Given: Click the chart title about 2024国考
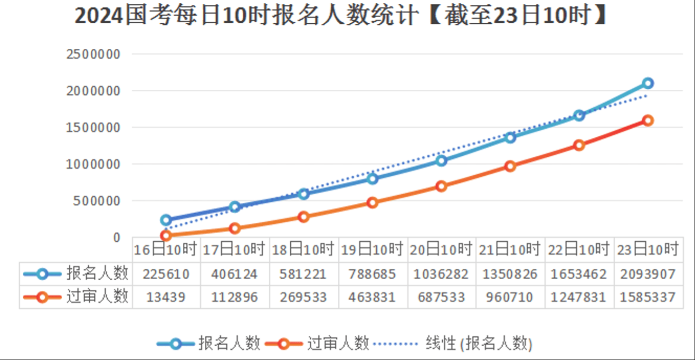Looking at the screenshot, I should [x=341, y=16].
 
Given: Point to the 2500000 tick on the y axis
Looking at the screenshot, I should [x=93, y=54].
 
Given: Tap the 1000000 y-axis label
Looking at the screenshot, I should [x=93, y=164].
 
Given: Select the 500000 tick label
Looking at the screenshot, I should [x=97, y=200].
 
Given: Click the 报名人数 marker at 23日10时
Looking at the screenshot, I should [x=647, y=83].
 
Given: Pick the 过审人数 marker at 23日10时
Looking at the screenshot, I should [x=647, y=121].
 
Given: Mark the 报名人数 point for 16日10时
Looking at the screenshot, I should [x=166, y=220].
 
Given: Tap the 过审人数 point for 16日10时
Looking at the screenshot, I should [x=166, y=236].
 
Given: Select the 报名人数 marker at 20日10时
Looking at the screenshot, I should [x=441, y=161].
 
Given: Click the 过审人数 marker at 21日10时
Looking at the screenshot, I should [x=510, y=166].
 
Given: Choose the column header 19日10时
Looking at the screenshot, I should [x=372, y=249].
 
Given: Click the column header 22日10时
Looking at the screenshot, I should [x=579, y=249].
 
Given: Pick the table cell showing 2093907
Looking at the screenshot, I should [x=648, y=274].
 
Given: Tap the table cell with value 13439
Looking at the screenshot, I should [x=166, y=297].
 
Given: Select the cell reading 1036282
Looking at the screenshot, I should [x=441, y=274].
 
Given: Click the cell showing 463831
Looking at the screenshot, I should [x=372, y=297].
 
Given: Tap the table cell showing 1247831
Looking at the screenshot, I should [x=579, y=297].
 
